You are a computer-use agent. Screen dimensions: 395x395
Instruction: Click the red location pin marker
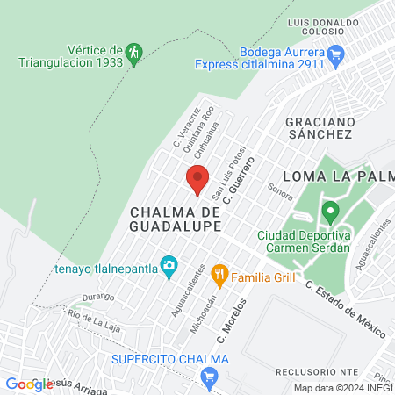click(197, 178)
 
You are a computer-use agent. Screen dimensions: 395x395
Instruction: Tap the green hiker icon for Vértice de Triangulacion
click(133, 53)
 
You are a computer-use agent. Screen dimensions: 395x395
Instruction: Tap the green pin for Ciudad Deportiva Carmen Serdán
click(330, 212)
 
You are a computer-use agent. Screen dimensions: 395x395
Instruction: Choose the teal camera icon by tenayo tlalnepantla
click(169, 266)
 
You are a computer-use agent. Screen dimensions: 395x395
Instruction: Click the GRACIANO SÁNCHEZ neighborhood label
click(319, 127)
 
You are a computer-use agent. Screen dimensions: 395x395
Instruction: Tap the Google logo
click(25, 384)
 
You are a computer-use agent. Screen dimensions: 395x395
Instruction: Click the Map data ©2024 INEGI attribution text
click(342, 388)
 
